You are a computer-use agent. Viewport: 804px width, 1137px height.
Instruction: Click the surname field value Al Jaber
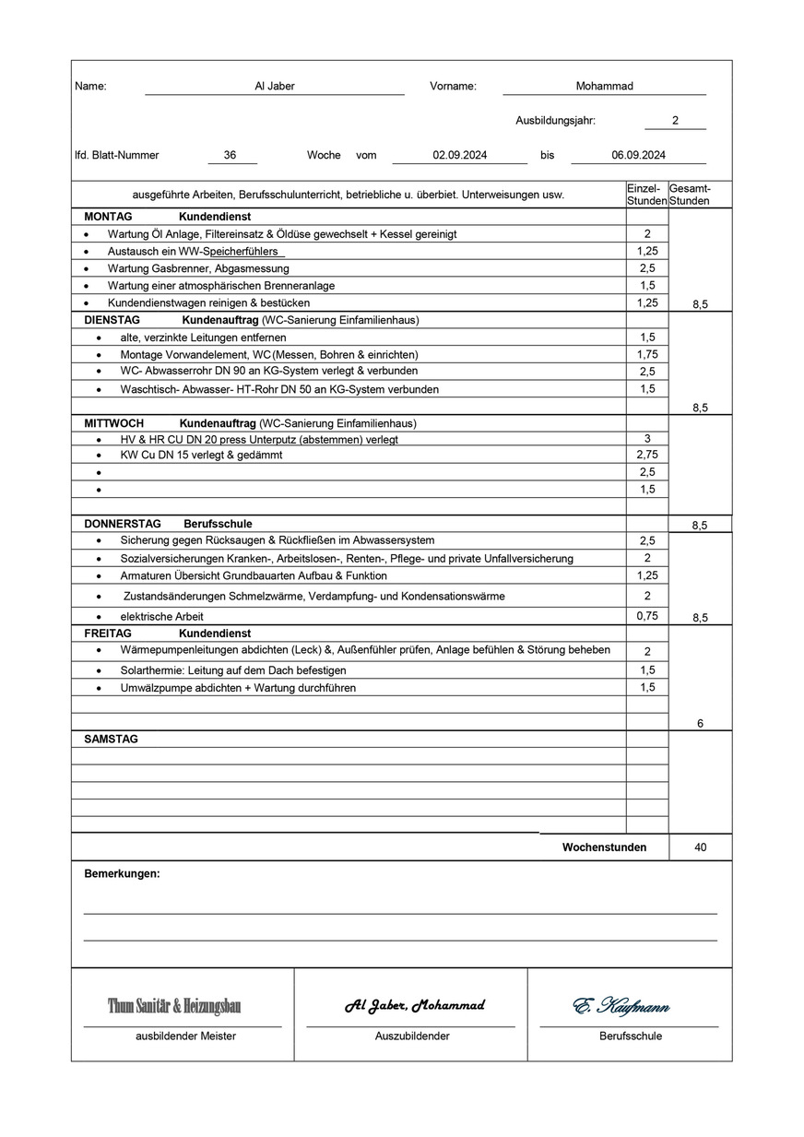275,86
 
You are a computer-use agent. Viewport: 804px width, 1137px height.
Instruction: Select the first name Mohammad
604,86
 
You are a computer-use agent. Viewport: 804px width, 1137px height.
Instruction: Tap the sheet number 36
230,155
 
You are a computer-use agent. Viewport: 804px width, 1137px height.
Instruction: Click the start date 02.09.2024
460,155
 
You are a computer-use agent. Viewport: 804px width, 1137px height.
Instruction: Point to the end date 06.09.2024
638,155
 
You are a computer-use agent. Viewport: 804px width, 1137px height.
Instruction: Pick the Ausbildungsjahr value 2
675,121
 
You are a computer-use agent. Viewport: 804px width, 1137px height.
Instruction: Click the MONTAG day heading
108,216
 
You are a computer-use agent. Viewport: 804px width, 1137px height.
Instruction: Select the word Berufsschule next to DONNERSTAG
218,524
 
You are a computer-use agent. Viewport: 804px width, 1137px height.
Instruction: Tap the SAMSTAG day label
111,740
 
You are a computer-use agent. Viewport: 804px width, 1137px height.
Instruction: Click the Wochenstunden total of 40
700,847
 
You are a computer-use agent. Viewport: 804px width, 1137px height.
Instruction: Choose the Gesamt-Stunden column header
689,194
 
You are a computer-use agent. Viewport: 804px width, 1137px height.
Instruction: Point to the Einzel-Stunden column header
646,194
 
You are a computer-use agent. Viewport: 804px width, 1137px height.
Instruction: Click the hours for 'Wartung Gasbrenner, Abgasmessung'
647,268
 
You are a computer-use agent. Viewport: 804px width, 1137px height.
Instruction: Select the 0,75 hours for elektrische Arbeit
647,616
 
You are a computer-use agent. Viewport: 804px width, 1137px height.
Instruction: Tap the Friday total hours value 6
700,724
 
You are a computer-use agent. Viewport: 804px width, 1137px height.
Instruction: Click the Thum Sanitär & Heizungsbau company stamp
174,1006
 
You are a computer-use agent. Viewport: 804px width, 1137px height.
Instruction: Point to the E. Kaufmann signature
621,1006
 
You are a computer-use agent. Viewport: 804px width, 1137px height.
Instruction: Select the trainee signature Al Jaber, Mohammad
414,1005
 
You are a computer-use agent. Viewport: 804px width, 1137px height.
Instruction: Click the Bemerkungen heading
122,873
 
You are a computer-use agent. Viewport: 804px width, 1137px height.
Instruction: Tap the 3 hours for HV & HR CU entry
647,439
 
